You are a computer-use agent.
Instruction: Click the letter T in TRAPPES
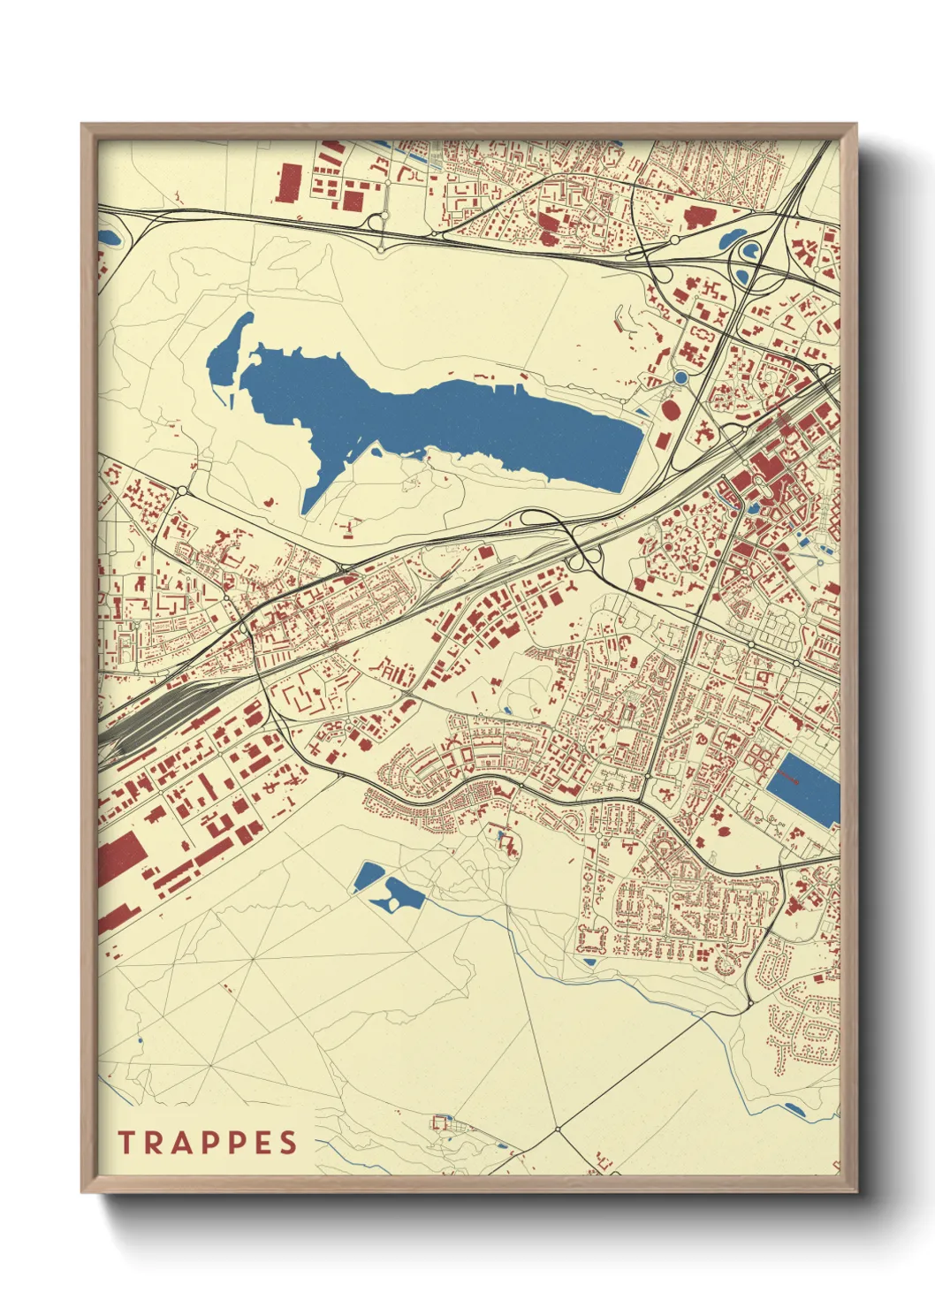pyautogui.click(x=125, y=1143)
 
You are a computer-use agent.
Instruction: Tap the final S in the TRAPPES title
pyautogui.click(x=289, y=1143)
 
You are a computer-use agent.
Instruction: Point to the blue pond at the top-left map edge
pyautogui.click(x=108, y=237)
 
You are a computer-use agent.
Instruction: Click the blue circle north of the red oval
pyautogui.click(x=680, y=377)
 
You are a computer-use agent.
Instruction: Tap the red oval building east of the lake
pyautogui.click(x=670, y=409)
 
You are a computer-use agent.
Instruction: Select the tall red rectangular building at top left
pyautogui.click(x=289, y=183)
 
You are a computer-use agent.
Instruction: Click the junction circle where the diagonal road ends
pyautogui.click(x=558, y=1129)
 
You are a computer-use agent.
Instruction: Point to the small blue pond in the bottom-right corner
pyautogui.click(x=793, y=1108)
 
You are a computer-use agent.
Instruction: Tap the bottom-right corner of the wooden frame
pyautogui.click(x=855, y=1190)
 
